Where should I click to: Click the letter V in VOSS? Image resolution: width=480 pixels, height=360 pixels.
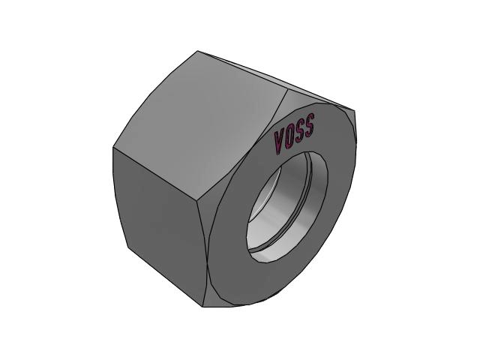tap(280, 142)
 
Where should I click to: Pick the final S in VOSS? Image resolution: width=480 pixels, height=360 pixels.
tap(308, 125)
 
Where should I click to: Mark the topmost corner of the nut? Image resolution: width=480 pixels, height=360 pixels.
tap(197, 51)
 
